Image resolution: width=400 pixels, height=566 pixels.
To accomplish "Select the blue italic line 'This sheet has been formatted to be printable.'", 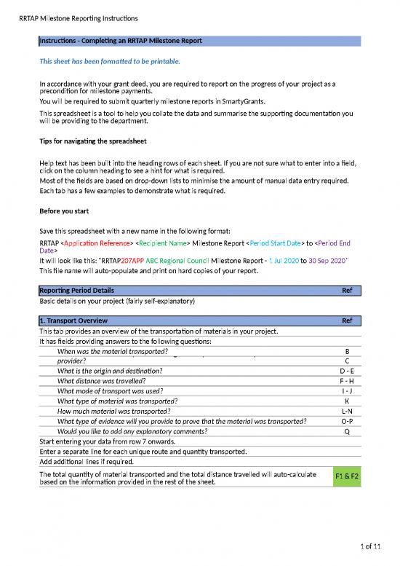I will [109, 62].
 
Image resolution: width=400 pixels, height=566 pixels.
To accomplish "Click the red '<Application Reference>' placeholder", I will [95, 243].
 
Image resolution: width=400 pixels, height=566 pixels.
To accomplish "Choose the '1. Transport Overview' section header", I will [73, 321].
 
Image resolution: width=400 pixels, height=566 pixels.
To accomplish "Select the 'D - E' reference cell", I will [347, 370].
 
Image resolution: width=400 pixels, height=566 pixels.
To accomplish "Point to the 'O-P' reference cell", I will [347, 421].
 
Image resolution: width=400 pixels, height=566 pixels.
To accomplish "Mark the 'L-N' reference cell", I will [347, 411].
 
